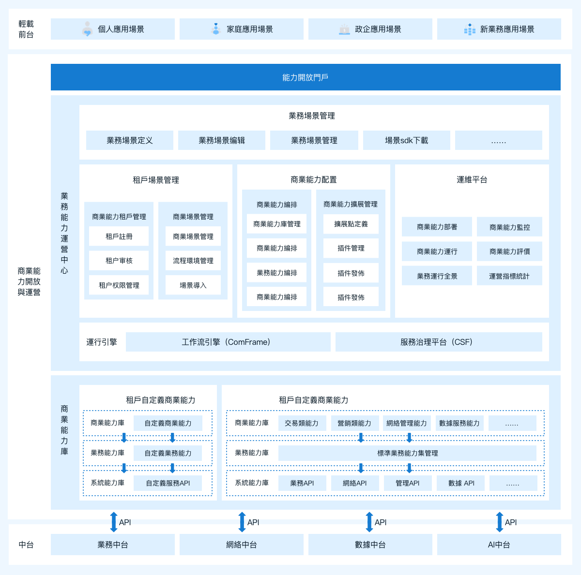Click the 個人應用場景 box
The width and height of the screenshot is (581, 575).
point(112,29)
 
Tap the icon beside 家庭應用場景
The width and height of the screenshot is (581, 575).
point(215,29)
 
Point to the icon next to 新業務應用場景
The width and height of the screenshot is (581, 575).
point(470,29)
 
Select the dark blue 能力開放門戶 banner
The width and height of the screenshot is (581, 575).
point(306,77)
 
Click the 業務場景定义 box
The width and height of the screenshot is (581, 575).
point(130,140)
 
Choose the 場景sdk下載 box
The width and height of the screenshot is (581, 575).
point(406,140)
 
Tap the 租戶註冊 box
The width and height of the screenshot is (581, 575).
point(119,236)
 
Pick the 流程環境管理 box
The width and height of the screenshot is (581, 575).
point(193,261)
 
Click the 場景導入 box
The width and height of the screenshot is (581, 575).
point(193,285)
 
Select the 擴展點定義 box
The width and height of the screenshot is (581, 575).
point(351,224)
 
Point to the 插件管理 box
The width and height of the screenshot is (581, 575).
point(351,248)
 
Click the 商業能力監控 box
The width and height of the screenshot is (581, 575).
point(509,227)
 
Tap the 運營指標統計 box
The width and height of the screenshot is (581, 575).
point(509,276)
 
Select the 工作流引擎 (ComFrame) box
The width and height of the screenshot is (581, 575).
point(228,342)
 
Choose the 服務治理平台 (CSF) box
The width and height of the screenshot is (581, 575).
point(439,342)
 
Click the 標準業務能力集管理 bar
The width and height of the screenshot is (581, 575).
point(407,453)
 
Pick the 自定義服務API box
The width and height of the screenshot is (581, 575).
point(168,483)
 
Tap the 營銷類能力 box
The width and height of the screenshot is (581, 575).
point(354,423)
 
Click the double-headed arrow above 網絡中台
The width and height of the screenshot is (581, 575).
point(242,522)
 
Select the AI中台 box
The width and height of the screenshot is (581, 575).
point(499,545)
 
